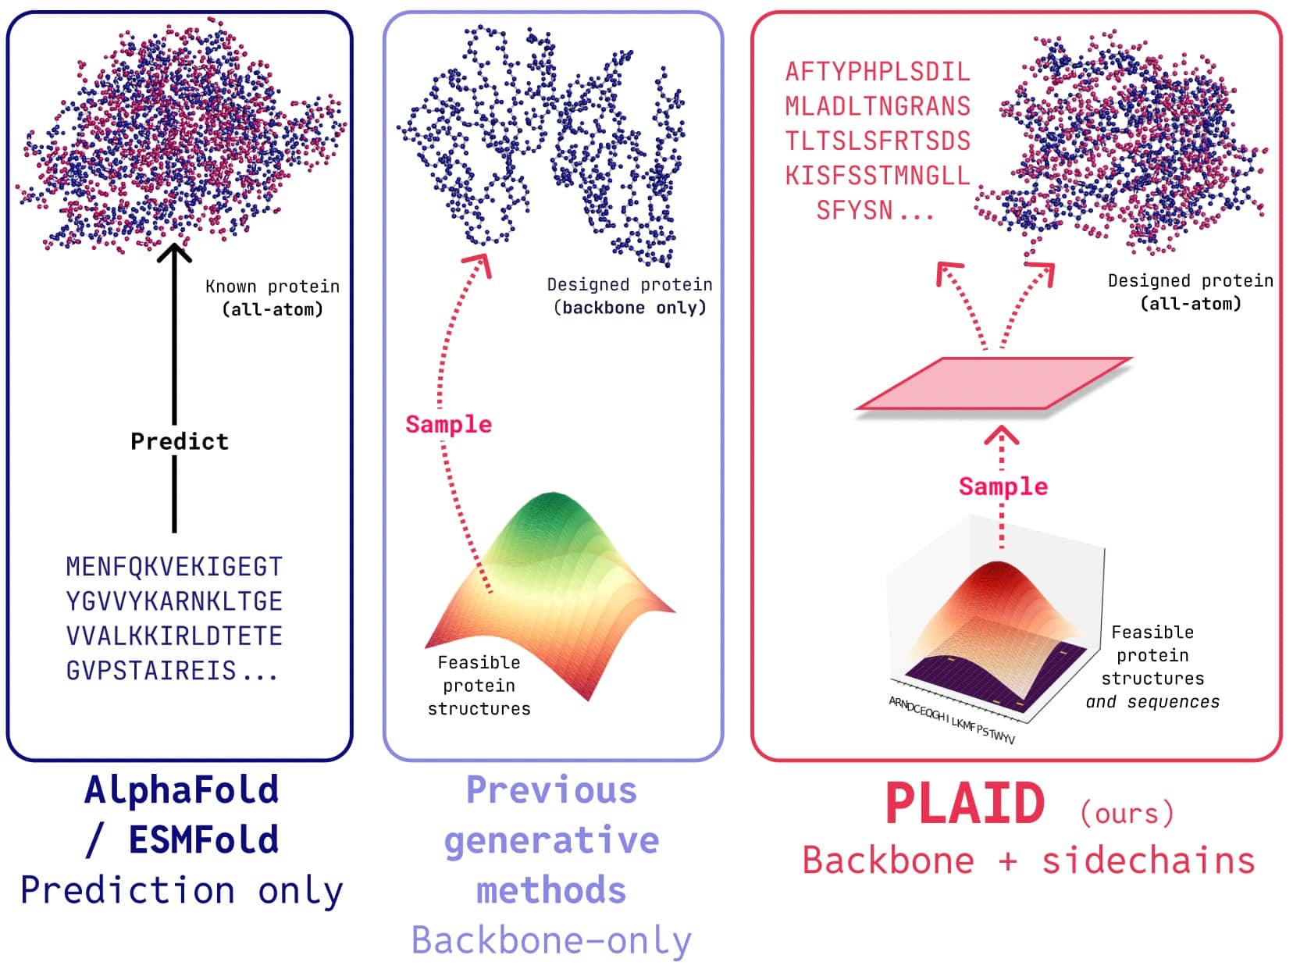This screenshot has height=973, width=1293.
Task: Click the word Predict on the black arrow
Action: point(180,441)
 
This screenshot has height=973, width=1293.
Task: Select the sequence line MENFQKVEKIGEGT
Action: point(174,566)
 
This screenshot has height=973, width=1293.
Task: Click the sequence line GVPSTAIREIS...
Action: point(172,671)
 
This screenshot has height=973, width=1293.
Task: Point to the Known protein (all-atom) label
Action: point(272,298)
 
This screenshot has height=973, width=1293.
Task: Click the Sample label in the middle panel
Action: point(448,424)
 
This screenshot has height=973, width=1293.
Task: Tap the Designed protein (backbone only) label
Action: point(629,296)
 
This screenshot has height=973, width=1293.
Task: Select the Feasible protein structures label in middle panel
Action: point(479,686)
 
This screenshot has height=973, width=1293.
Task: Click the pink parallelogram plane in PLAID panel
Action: point(993,383)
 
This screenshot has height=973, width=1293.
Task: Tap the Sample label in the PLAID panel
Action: point(1003,486)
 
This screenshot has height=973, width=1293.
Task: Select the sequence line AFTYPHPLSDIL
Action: point(878,72)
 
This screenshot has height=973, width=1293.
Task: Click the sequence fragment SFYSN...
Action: point(854,210)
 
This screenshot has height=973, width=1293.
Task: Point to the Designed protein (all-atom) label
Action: point(1190,292)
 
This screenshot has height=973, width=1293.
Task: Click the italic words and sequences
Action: point(1152,702)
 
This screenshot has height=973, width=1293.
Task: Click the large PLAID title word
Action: point(965,804)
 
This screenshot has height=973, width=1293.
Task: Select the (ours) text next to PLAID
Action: point(1127,813)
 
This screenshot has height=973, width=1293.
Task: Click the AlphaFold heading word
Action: point(181,789)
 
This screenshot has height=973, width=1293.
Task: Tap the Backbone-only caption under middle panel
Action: point(551,940)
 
